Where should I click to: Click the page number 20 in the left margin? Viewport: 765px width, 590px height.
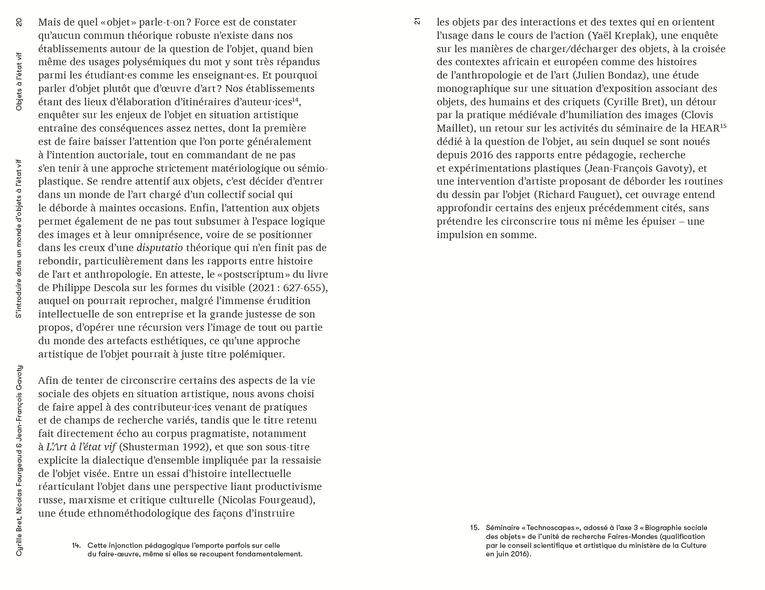coord(19,22)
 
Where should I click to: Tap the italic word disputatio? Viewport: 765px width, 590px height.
coord(159,247)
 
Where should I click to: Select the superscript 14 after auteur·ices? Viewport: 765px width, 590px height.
coord(295,99)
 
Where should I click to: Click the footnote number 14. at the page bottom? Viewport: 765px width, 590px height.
coord(76,545)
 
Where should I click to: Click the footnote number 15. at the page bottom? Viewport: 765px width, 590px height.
coord(474,528)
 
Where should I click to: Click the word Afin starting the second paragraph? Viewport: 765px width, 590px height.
coord(50,380)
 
